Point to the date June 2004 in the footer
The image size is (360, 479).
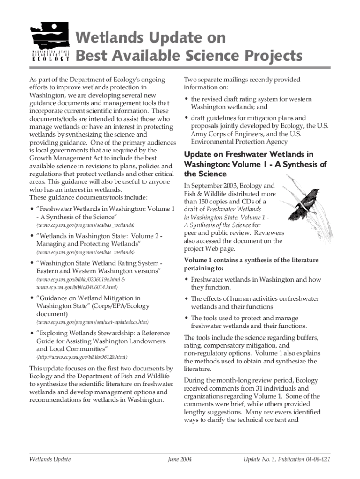coord(180,459)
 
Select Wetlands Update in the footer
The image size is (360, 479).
coord(50,459)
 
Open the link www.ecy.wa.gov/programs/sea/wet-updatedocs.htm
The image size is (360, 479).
coord(93,322)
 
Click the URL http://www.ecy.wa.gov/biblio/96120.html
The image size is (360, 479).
coord(82,357)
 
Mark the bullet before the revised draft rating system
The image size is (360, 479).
coord(187,99)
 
